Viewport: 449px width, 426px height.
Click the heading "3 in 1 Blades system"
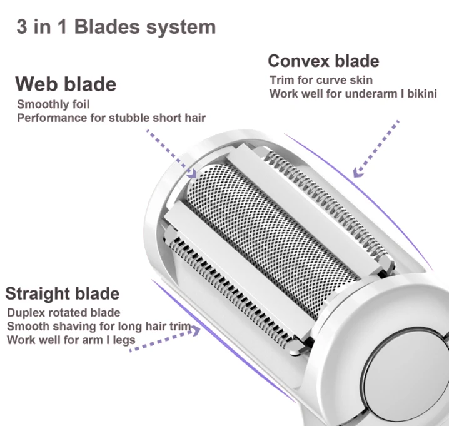[116, 28]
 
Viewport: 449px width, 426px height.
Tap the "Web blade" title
[65, 84]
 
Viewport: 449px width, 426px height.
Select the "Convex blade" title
[323, 61]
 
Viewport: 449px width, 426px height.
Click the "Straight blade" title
[62, 294]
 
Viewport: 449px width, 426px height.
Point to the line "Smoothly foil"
[53, 104]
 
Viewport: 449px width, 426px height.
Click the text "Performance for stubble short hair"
[111, 117]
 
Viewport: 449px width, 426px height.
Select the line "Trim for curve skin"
[321, 80]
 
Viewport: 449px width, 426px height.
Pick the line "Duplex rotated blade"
[63, 313]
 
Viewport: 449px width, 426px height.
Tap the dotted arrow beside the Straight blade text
[165, 338]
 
